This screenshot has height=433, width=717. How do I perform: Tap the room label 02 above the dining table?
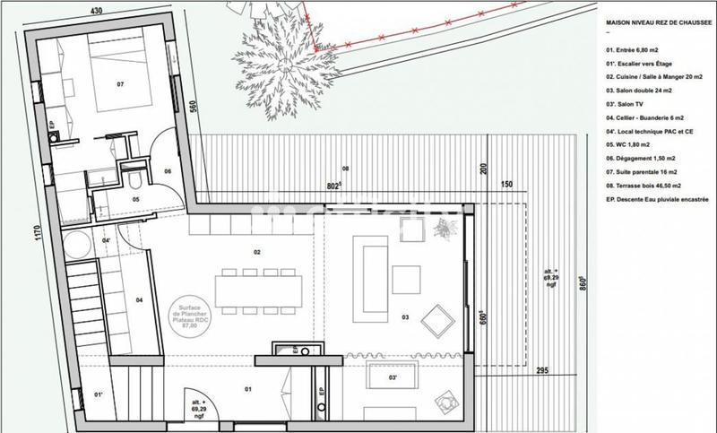(x=256, y=253)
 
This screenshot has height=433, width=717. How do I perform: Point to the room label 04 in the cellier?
(x=140, y=299)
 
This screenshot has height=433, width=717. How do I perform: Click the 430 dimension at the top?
(x=86, y=10)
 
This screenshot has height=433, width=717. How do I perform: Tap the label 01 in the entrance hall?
(x=248, y=388)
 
